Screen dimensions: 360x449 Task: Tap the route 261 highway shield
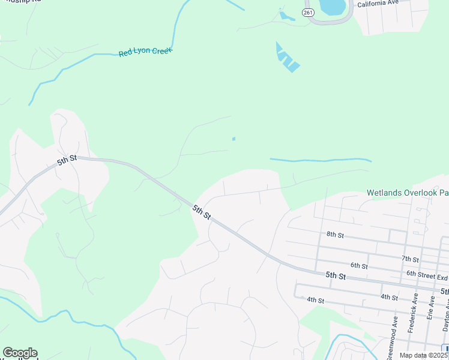(x=308, y=12)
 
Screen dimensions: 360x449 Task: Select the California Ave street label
(x=378, y=4)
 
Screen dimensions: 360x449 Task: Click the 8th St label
(x=335, y=235)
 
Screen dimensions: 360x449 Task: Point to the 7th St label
(x=410, y=259)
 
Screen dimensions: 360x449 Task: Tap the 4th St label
(x=315, y=299)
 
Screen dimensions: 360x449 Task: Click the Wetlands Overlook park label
(x=407, y=193)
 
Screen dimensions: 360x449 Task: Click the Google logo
(x=20, y=353)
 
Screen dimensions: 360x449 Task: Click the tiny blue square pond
(x=234, y=139)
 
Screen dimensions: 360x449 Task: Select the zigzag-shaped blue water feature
(x=286, y=58)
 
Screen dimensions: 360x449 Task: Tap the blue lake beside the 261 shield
(x=333, y=7)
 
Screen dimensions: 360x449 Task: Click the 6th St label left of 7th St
(x=359, y=265)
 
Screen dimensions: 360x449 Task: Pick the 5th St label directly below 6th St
(x=336, y=275)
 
